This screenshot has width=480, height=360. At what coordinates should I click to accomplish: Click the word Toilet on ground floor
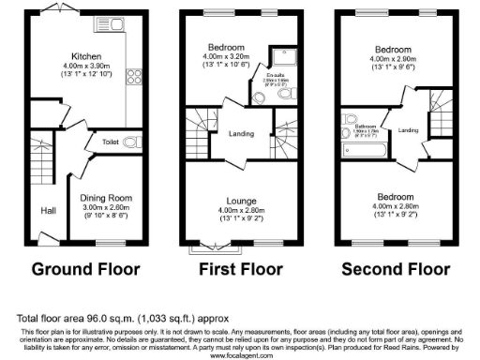110,142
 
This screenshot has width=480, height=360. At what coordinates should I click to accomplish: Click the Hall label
48,211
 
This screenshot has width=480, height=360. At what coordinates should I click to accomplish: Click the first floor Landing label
241,134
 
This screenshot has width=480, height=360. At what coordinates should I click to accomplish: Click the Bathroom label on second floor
364,125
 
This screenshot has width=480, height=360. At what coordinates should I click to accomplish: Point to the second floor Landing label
409,130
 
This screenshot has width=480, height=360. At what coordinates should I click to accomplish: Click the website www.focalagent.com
240,355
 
